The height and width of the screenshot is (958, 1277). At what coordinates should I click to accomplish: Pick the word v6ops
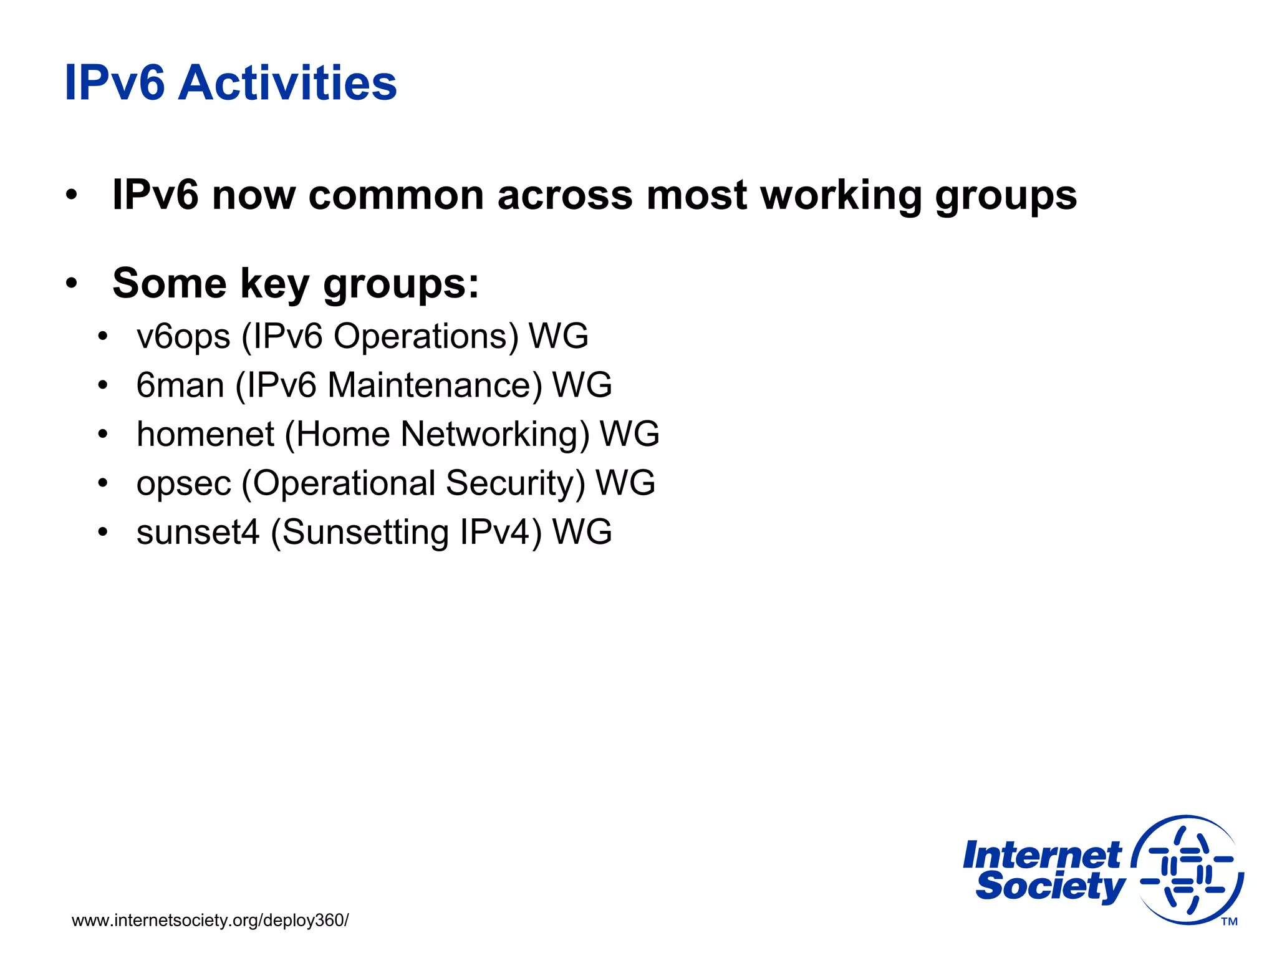tap(183, 336)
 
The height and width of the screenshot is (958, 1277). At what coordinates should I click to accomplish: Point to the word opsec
tap(183, 483)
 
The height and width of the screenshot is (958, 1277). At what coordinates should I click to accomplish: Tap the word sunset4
tap(198, 532)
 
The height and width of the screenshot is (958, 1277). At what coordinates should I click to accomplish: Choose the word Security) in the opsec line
tap(516, 483)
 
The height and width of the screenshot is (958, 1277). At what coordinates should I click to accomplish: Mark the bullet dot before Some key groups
tap(72, 284)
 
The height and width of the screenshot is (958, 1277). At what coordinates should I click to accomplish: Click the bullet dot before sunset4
tap(103, 532)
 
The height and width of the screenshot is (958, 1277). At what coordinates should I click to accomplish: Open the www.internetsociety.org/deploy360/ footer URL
tap(210, 920)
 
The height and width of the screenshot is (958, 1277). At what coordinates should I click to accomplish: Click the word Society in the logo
tap(1050, 886)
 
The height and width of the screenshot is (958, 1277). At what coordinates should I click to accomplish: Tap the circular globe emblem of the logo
tap(1188, 870)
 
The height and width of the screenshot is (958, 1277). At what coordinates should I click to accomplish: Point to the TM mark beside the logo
tap(1229, 921)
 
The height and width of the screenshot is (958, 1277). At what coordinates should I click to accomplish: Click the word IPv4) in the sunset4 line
tap(501, 532)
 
